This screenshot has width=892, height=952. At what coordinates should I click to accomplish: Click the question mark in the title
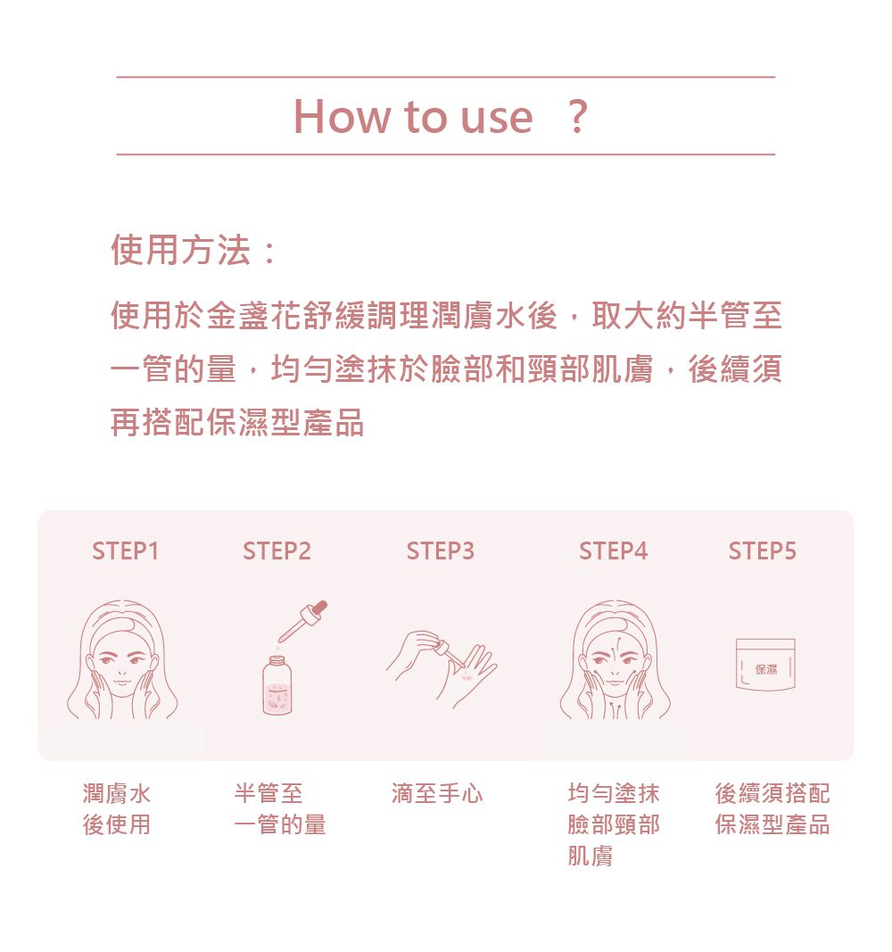tap(578, 117)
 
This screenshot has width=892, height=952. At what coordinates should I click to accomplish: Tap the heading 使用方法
tap(181, 250)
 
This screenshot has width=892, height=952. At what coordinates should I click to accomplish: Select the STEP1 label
tap(126, 551)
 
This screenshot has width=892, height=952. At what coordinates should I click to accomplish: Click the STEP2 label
tap(277, 551)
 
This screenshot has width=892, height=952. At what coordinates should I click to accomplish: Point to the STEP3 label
tap(441, 551)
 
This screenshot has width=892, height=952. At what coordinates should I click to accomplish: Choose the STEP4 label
tap(614, 551)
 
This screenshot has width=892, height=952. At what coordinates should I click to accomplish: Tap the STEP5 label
tap(763, 551)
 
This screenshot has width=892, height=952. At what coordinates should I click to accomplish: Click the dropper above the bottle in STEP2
tap(302, 621)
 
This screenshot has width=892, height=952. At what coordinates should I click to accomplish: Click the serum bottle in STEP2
tap(277, 685)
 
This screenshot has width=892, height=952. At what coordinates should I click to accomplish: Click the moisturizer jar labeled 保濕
tap(765, 664)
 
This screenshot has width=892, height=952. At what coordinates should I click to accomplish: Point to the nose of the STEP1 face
tap(122, 672)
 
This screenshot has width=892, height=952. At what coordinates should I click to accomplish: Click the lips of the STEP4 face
tap(615, 684)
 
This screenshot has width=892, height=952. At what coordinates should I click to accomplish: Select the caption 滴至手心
tap(437, 793)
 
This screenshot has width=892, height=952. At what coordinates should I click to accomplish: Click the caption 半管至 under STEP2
tap(268, 793)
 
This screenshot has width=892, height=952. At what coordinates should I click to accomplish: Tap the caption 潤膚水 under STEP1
tap(117, 793)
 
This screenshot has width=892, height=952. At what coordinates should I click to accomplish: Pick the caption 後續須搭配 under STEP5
tap(772, 793)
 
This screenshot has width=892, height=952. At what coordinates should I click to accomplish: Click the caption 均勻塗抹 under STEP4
tap(614, 793)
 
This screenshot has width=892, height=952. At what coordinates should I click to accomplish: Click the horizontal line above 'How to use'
tap(446, 77)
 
